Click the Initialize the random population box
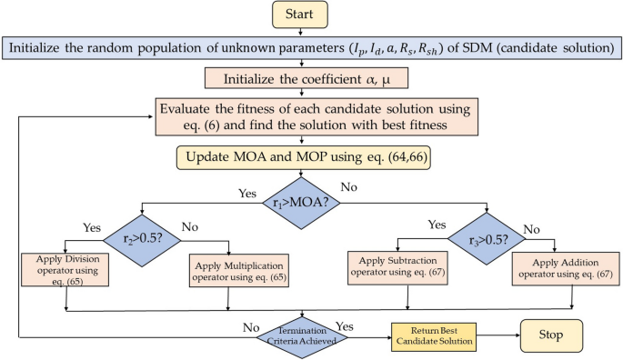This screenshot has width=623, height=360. [x=311, y=47]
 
